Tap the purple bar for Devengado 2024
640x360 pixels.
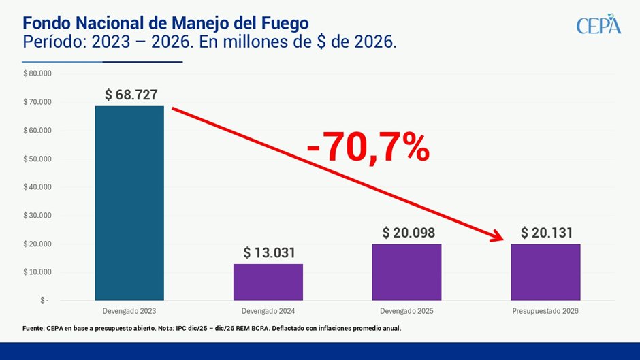point(268,282)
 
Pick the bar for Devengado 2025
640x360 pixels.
point(406,272)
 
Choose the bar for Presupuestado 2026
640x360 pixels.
point(545,272)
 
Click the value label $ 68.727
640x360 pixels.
point(131,95)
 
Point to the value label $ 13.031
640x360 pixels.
point(269,253)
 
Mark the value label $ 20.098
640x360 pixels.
point(408,233)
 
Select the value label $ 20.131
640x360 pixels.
point(547,233)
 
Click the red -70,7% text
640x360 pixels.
point(368,148)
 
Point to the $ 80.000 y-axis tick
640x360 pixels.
point(37,73)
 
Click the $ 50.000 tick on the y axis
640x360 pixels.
point(37,159)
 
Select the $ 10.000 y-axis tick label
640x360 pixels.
point(37,272)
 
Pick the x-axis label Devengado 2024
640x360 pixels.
point(268,311)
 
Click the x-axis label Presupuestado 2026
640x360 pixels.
point(545,311)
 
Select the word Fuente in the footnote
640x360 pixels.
point(35,329)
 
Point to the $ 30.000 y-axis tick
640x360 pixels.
point(37,216)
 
